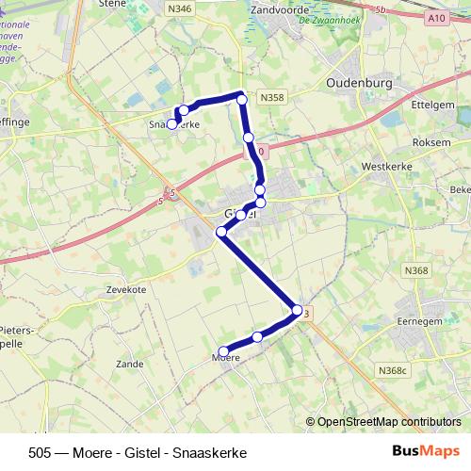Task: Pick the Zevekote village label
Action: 126,290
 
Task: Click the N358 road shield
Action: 272,97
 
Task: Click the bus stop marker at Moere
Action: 223,352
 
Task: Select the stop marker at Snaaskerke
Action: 172,123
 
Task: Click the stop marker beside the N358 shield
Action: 242,99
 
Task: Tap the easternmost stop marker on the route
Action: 297,310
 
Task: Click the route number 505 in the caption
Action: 41,452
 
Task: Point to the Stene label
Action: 112,4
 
